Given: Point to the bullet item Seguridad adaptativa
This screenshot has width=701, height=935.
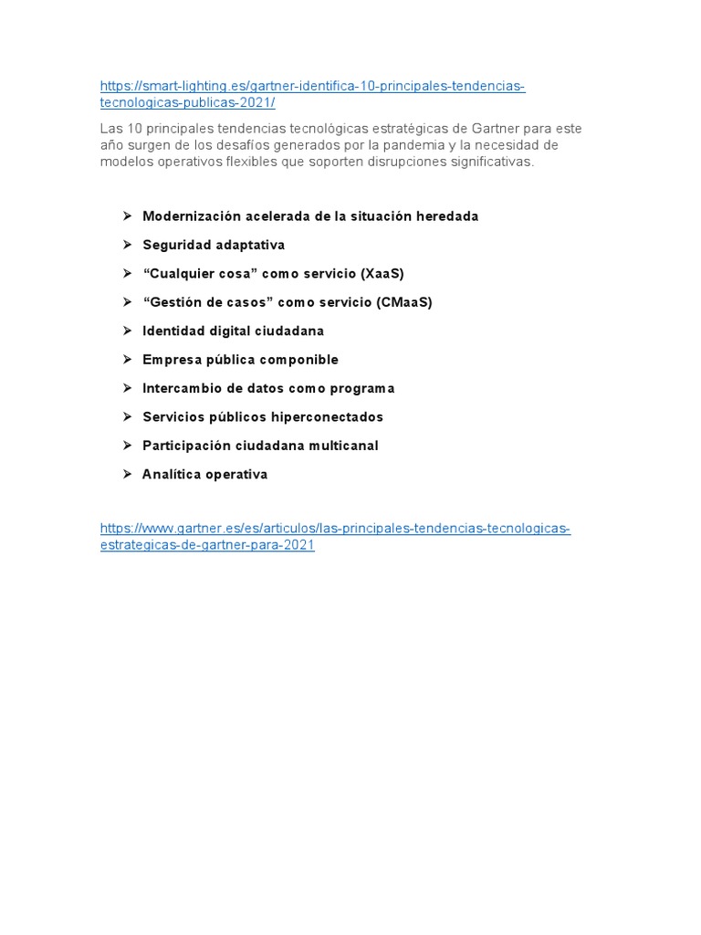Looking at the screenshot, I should tap(214, 245).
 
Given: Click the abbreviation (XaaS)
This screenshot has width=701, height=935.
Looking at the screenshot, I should tap(382, 274).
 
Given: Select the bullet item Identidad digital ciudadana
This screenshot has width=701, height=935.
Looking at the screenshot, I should tap(233, 331).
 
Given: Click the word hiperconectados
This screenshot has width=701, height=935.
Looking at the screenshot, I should tap(327, 417).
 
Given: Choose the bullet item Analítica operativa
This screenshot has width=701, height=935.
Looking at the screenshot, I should tap(204, 475).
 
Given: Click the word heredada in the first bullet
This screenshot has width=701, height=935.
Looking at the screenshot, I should tap(447, 216).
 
